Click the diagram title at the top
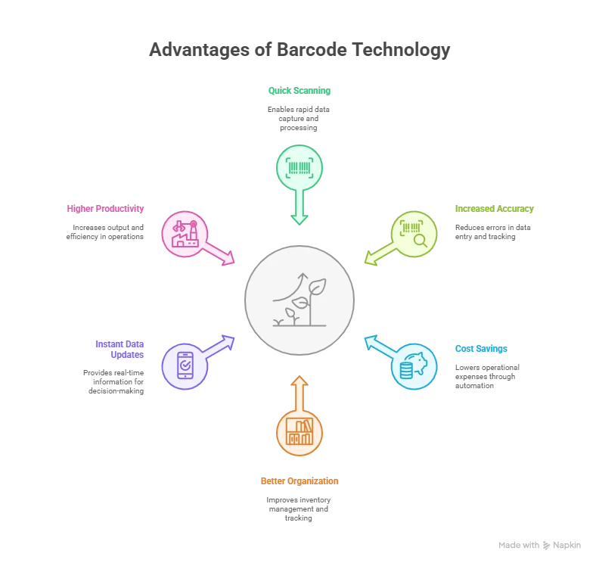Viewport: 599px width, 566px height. point(299,51)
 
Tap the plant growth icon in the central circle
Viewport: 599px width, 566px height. point(299,300)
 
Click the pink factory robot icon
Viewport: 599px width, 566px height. point(185,234)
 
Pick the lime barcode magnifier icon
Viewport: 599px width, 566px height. point(414,234)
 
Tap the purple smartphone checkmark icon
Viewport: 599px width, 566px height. point(185,367)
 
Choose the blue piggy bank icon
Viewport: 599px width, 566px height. point(414,367)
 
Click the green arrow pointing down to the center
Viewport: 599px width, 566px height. point(299,207)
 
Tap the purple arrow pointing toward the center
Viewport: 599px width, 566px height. point(220,346)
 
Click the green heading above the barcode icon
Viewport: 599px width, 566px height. point(299,91)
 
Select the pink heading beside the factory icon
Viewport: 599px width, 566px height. point(106,207)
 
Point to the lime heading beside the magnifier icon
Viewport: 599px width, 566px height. point(495,208)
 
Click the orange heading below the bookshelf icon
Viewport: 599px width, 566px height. point(299,480)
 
